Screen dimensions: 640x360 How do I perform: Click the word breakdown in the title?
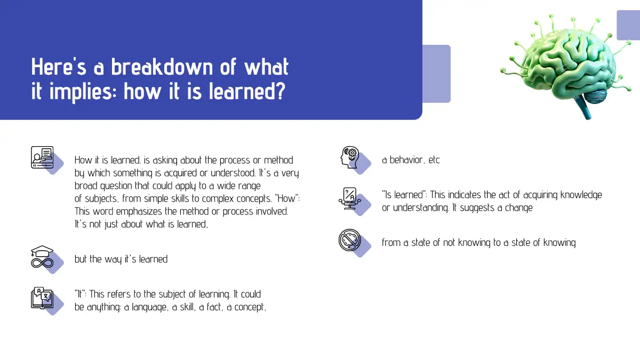(162, 67)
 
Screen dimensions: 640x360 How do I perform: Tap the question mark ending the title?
(281, 91)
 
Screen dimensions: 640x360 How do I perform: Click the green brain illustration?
(566, 66)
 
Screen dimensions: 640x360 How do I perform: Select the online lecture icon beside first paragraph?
(42, 157)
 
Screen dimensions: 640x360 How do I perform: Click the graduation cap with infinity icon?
(42, 257)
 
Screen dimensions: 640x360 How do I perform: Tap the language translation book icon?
(42, 298)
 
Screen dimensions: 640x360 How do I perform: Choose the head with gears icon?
(350, 157)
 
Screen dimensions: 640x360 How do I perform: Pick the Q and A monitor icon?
(350, 198)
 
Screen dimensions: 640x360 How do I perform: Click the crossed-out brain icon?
(350, 240)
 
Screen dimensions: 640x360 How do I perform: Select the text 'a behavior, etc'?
(411, 160)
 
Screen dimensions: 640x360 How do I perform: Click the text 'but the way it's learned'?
(121, 259)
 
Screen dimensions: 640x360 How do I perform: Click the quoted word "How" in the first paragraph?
(289, 198)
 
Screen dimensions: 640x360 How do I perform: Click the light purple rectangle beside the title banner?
(437, 74)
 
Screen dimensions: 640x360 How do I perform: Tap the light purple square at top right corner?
(628, 25)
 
